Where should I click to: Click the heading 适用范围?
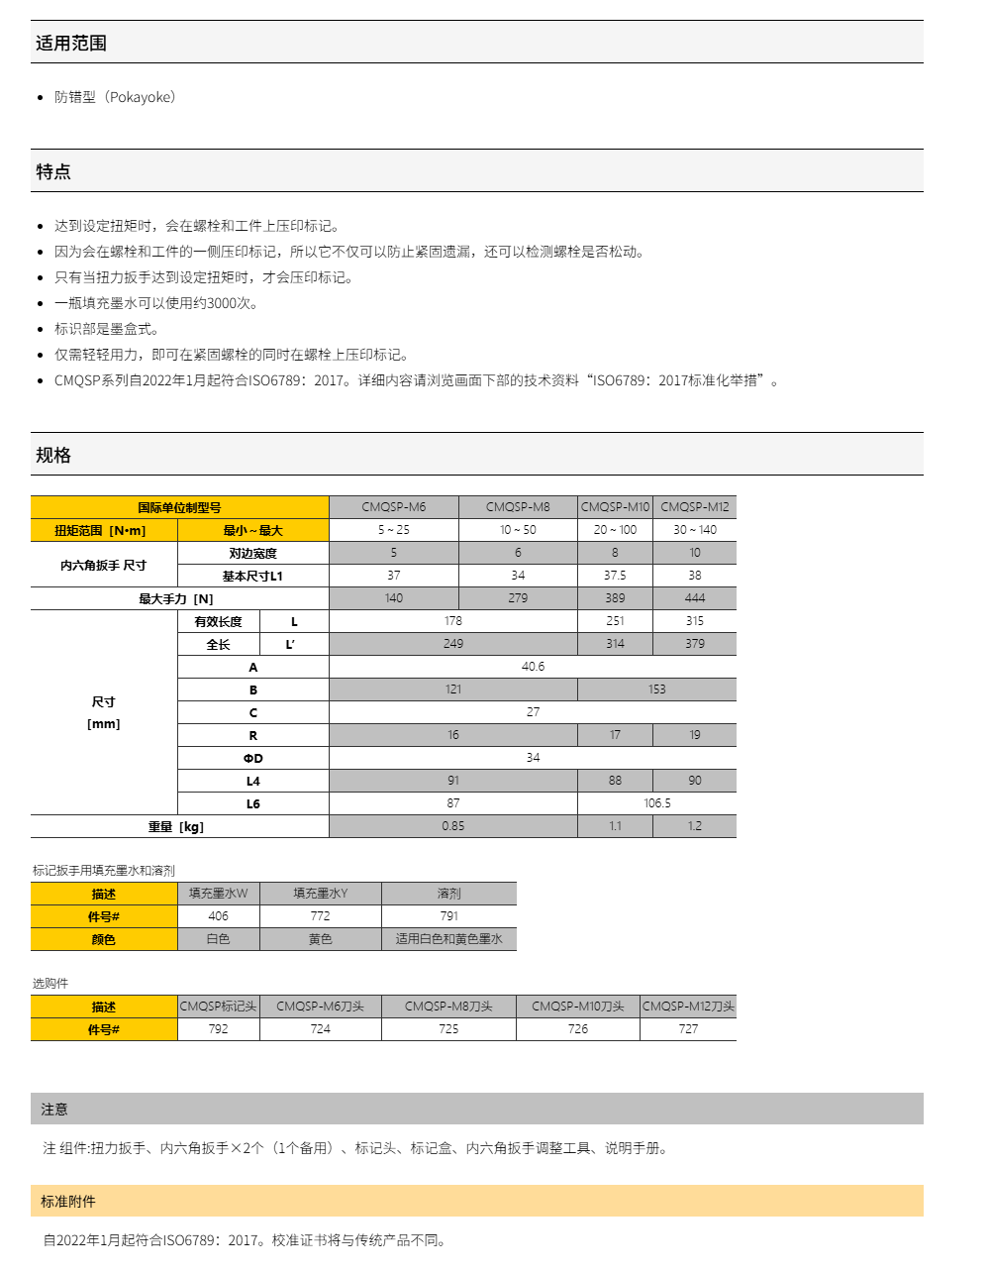71,43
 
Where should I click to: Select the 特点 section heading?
53,171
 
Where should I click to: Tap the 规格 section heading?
53,455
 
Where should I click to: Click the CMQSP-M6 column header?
393,507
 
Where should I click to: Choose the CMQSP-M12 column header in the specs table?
694,507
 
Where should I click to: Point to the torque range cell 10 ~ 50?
518,530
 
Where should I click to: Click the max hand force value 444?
694,598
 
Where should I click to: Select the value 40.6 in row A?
533,667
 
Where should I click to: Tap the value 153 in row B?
656,690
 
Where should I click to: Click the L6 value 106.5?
656,803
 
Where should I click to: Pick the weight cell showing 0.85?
452,826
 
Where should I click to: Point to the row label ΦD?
253,759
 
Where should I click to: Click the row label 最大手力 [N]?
176,599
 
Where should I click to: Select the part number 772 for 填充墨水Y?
320,916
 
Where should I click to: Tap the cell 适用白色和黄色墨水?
448,939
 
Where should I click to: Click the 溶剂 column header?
448,894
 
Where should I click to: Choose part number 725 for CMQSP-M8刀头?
448,1029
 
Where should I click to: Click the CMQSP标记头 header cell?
218,1007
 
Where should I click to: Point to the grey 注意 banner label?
54,1110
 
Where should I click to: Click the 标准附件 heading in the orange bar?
68,1202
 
